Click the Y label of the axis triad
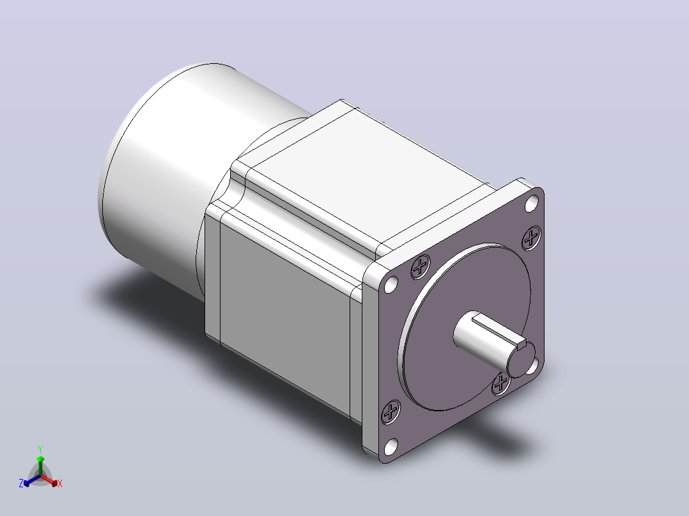point(40,449)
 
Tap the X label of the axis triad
point(60,483)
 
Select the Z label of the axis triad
point(21,483)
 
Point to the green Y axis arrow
point(40,466)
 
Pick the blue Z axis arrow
point(32,480)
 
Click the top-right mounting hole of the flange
point(532,203)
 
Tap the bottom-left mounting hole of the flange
point(391,446)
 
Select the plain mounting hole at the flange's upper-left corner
point(391,285)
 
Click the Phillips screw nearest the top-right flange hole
point(532,238)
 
